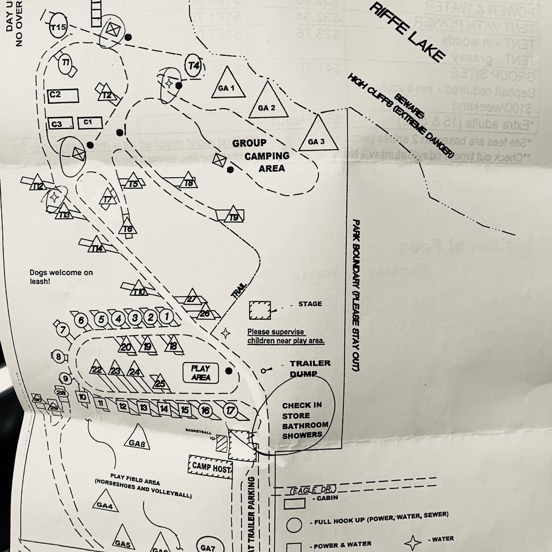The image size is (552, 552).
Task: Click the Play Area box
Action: point(201,373)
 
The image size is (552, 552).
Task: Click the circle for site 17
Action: point(231,410)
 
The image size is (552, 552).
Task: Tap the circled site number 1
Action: point(166,317)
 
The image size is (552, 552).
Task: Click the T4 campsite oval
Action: point(193,66)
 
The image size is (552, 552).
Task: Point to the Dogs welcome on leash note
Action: point(62,277)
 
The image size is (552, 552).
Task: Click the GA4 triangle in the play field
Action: point(106,502)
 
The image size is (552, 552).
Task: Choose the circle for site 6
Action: point(82,320)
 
